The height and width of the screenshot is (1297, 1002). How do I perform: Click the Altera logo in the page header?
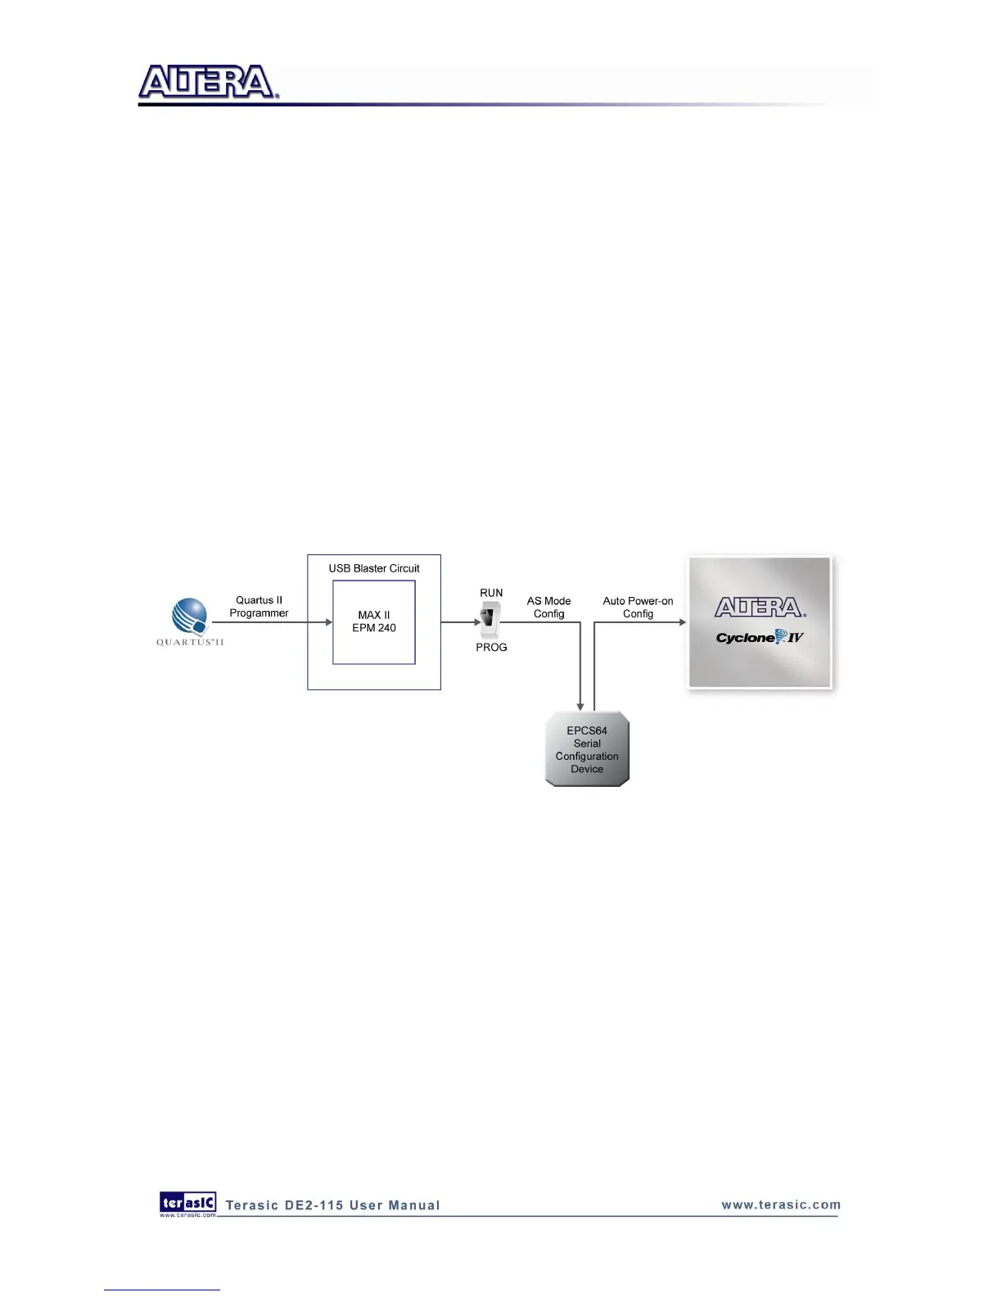pyautogui.click(x=208, y=83)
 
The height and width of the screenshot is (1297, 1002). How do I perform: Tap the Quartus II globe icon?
pyautogui.click(x=190, y=617)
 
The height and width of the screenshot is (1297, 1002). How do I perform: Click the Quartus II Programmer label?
pyautogui.click(x=259, y=607)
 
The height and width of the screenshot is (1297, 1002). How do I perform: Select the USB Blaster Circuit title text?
pyautogui.click(x=374, y=568)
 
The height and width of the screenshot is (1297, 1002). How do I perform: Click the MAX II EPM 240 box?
pyautogui.click(x=374, y=622)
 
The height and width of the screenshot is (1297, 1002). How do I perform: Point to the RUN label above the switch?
pyautogui.click(x=491, y=593)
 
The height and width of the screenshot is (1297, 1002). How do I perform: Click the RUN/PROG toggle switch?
pyautogui.click(x=490, y=620)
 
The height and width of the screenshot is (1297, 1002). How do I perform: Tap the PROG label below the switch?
pyautogui.click(x=491, y=648)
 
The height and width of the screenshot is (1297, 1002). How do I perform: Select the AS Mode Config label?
pyautogui.click(x=548, y=608)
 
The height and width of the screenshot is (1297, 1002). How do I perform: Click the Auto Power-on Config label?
pyautogui.click(x=638, y=608)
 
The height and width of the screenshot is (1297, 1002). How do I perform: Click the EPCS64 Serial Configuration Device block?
pyautogui.click(x=587, y=749)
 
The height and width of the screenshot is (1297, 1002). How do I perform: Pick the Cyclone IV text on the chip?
pyautogui.click(x=760, y=638)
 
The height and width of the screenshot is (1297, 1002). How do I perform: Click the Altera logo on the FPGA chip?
pyautogui.click(x=760, y=608)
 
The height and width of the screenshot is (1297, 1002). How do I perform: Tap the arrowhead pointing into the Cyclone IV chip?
pyautogui.click(x=682, y=622)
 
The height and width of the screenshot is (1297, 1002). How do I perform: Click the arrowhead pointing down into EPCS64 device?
pyautogui.click(x=580, y=706)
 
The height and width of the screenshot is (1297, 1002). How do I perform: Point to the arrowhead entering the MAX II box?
pyautogui.click(x=328, y=622)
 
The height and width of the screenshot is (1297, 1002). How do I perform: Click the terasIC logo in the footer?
pyautogui.click(x=187, y=1203)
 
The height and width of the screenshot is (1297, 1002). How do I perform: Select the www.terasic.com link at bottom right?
pyautogui.click(x=781, y=1204)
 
